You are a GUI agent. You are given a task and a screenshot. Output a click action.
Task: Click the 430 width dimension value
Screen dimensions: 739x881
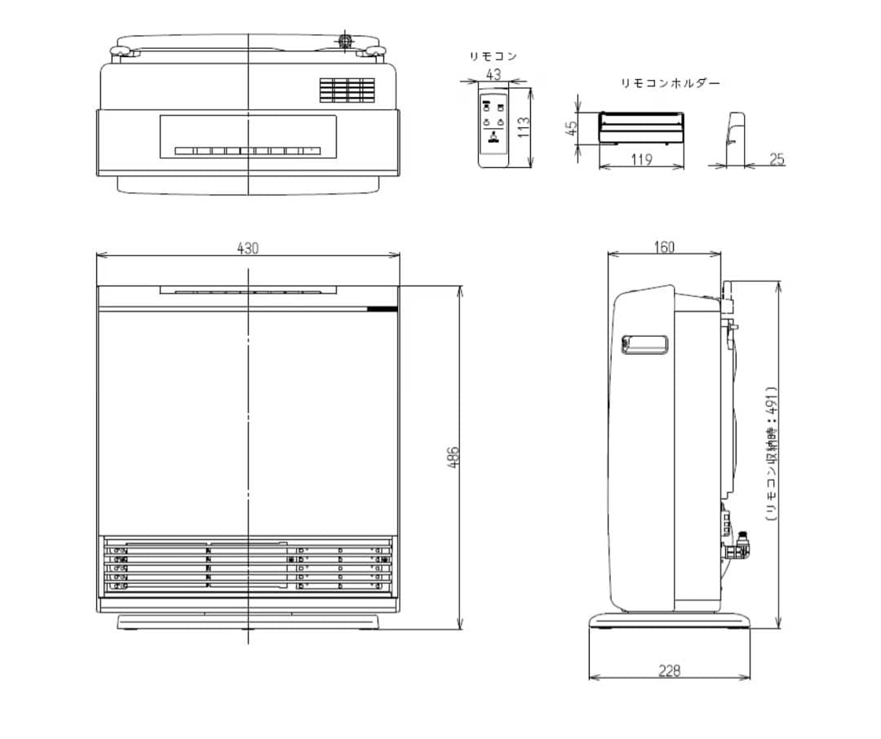(248, 248)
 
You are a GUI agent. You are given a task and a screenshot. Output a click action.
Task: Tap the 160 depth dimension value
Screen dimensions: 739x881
(665, 247)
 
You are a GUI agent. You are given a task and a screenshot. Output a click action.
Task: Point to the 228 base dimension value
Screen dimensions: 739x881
(669, 670)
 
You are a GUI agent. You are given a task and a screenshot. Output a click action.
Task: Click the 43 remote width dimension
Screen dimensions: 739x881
(494, 73)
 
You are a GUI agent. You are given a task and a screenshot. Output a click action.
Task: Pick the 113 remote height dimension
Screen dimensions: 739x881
(524, 127)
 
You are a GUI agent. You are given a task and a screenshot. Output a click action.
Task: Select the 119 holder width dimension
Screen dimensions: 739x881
(642, 159)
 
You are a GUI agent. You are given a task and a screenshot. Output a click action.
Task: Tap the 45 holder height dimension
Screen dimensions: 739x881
(572, 128)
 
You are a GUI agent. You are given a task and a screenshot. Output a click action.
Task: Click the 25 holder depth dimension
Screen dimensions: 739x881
(776, 159)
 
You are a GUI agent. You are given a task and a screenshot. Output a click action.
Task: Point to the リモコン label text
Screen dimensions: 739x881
(493, 56)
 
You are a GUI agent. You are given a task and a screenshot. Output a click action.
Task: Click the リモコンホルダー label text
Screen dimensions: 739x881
(671, 83)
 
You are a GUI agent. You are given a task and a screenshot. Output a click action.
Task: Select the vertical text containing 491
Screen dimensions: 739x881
(770, 454)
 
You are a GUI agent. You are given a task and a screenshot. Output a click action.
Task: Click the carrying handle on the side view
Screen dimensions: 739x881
(645, 345)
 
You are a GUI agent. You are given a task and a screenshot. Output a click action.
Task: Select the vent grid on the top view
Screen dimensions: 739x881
(347, 90)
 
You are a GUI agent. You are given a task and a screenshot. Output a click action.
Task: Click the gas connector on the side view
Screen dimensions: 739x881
(741, 543)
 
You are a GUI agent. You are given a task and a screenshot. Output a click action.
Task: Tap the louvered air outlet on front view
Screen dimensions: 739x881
(248, 564)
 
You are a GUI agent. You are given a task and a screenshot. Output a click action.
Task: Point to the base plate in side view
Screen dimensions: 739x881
(669, 622)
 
